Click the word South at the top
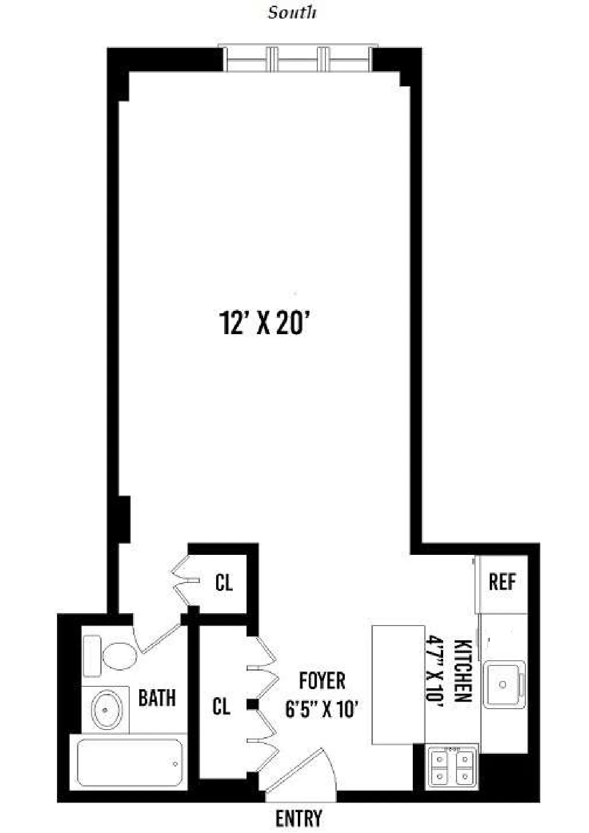click(292, 13)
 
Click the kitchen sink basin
click(503, 684)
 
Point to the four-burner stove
click(452, 767)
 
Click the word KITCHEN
click(463, 671)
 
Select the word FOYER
click(322, 681)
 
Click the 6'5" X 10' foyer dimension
click(321, 710)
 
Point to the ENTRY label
click(299, 818)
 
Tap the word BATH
click(157, 698)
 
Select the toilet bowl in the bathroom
click(119, 656)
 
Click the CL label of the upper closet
click(224, 582)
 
